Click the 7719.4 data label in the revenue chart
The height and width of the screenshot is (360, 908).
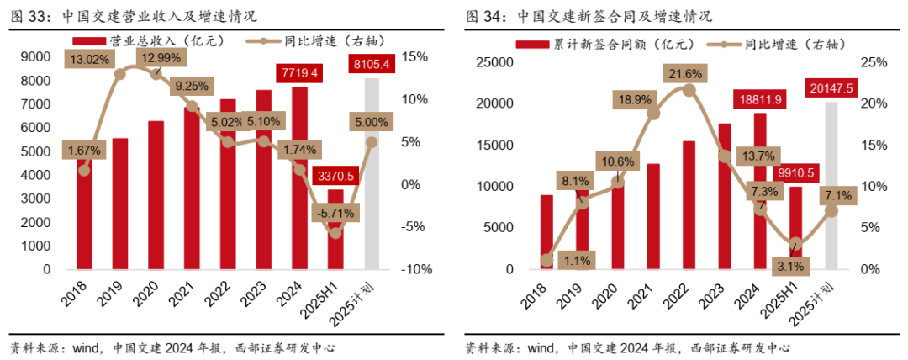tap(302, 73)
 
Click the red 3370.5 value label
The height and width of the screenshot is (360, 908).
tap(335, 176)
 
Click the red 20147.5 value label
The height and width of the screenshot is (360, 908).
tap(831, 87)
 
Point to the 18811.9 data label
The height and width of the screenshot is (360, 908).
tap(761, 99)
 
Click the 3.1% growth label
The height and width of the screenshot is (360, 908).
tap(794, 266)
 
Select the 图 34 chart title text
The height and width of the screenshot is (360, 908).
tap(589, 15)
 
